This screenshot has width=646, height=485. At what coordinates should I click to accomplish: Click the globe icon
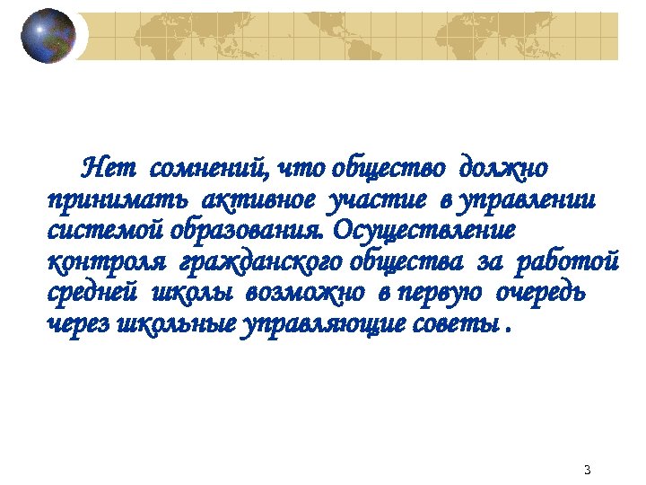[48, 36]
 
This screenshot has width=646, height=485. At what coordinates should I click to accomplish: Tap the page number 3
[587, 470]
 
